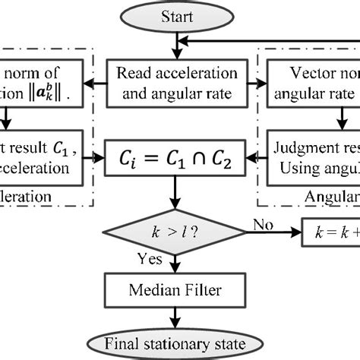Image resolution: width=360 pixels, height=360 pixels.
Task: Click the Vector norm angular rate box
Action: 313,84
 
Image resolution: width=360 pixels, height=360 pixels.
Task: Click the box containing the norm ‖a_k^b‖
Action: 38,84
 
